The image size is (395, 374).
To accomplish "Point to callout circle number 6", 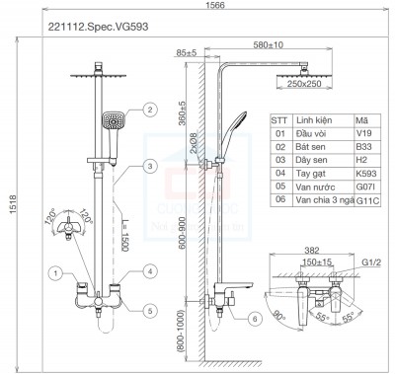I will tap(256, 318).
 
